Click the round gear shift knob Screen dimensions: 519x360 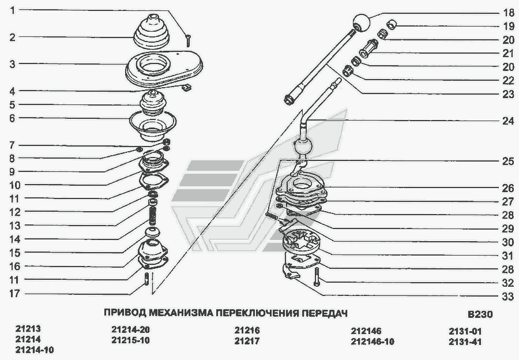pyautogui.click(x=361, y=22)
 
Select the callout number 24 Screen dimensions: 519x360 pyautogui.click(x=507, y=121)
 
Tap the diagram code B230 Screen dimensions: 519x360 pyautogui.click(x=480, y=314)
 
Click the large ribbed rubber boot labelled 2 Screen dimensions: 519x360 pyautogui.click(x=152, y=32)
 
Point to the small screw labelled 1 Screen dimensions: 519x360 pyautogui.click(x=188, y=41)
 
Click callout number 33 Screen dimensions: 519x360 pyautogui.click(x=507, y=297)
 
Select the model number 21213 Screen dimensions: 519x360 pyautogui.click(x=28, y=329)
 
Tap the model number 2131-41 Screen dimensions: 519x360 pyautogui.click(x=465, y=342)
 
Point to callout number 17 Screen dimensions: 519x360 pyautogui.click(x=14, y=294)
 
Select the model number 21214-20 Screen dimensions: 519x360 pyautogui.click(x=130, y=329)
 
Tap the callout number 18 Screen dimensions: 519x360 pyautogui.click(x=507, y=13)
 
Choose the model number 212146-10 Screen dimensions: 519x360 pyautogui.click(x=373, y=342)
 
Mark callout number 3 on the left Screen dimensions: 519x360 pyautogui.click(x=12, y=64)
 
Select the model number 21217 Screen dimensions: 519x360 pyautogui.click(x=247, y=341)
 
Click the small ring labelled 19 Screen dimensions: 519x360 pyautogui.click(x=392, y=24)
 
